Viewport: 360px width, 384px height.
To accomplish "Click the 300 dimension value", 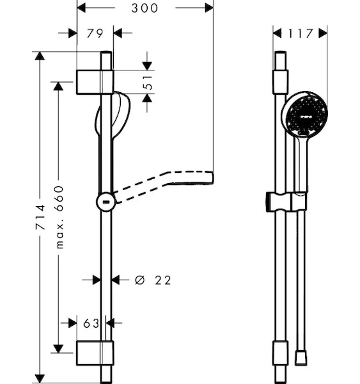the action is [x=145, y=8].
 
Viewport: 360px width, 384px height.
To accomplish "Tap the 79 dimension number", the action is [x=95, y=33].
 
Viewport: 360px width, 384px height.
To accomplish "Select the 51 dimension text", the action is [x=148, y=83].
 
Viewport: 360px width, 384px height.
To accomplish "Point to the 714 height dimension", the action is [x=40, y=217].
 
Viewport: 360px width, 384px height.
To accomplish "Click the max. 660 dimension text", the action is [x=59, y=217].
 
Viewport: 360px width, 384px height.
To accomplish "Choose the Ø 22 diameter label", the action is [x=153, y=280].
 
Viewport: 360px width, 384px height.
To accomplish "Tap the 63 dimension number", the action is [x=91, y=323].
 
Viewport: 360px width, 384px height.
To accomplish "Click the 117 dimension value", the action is [x=301, y=33].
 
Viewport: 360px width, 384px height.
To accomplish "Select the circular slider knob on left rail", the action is [x=106, y=202].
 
